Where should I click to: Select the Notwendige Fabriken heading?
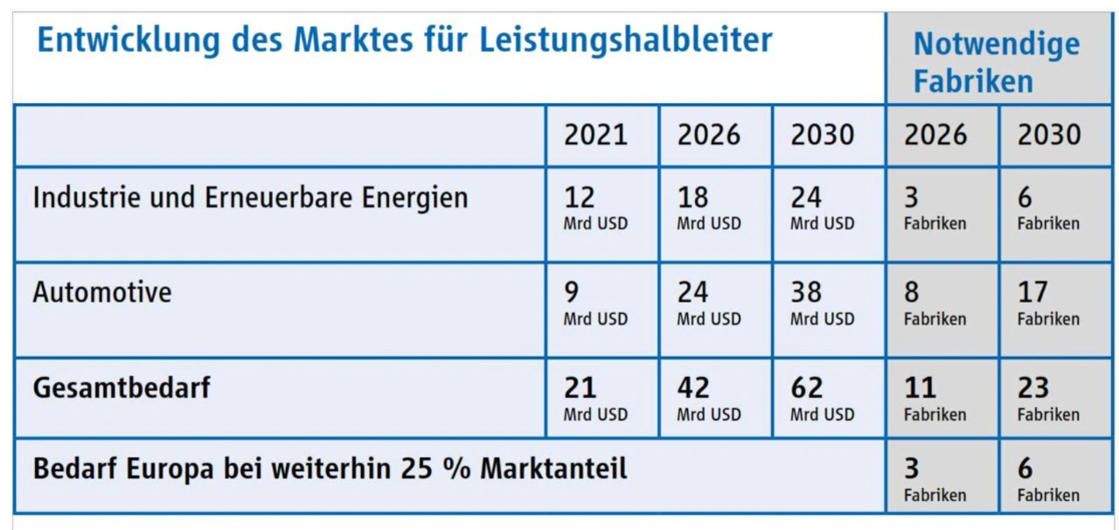pos(996,62)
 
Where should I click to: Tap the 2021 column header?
pos(595,135)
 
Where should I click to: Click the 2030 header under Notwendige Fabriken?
pos(1049,135)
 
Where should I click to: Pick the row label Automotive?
pos(102,292)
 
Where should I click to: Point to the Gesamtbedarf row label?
pos(122,387)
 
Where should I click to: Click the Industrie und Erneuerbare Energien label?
pos(250,198)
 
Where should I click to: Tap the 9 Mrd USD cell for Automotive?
pos(595,303)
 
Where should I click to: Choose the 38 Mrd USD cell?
pos(822,303)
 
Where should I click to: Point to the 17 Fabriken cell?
pos(1048,303)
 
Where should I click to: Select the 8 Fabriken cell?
pos(935,303)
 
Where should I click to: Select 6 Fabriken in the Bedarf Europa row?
pos(1048,479)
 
